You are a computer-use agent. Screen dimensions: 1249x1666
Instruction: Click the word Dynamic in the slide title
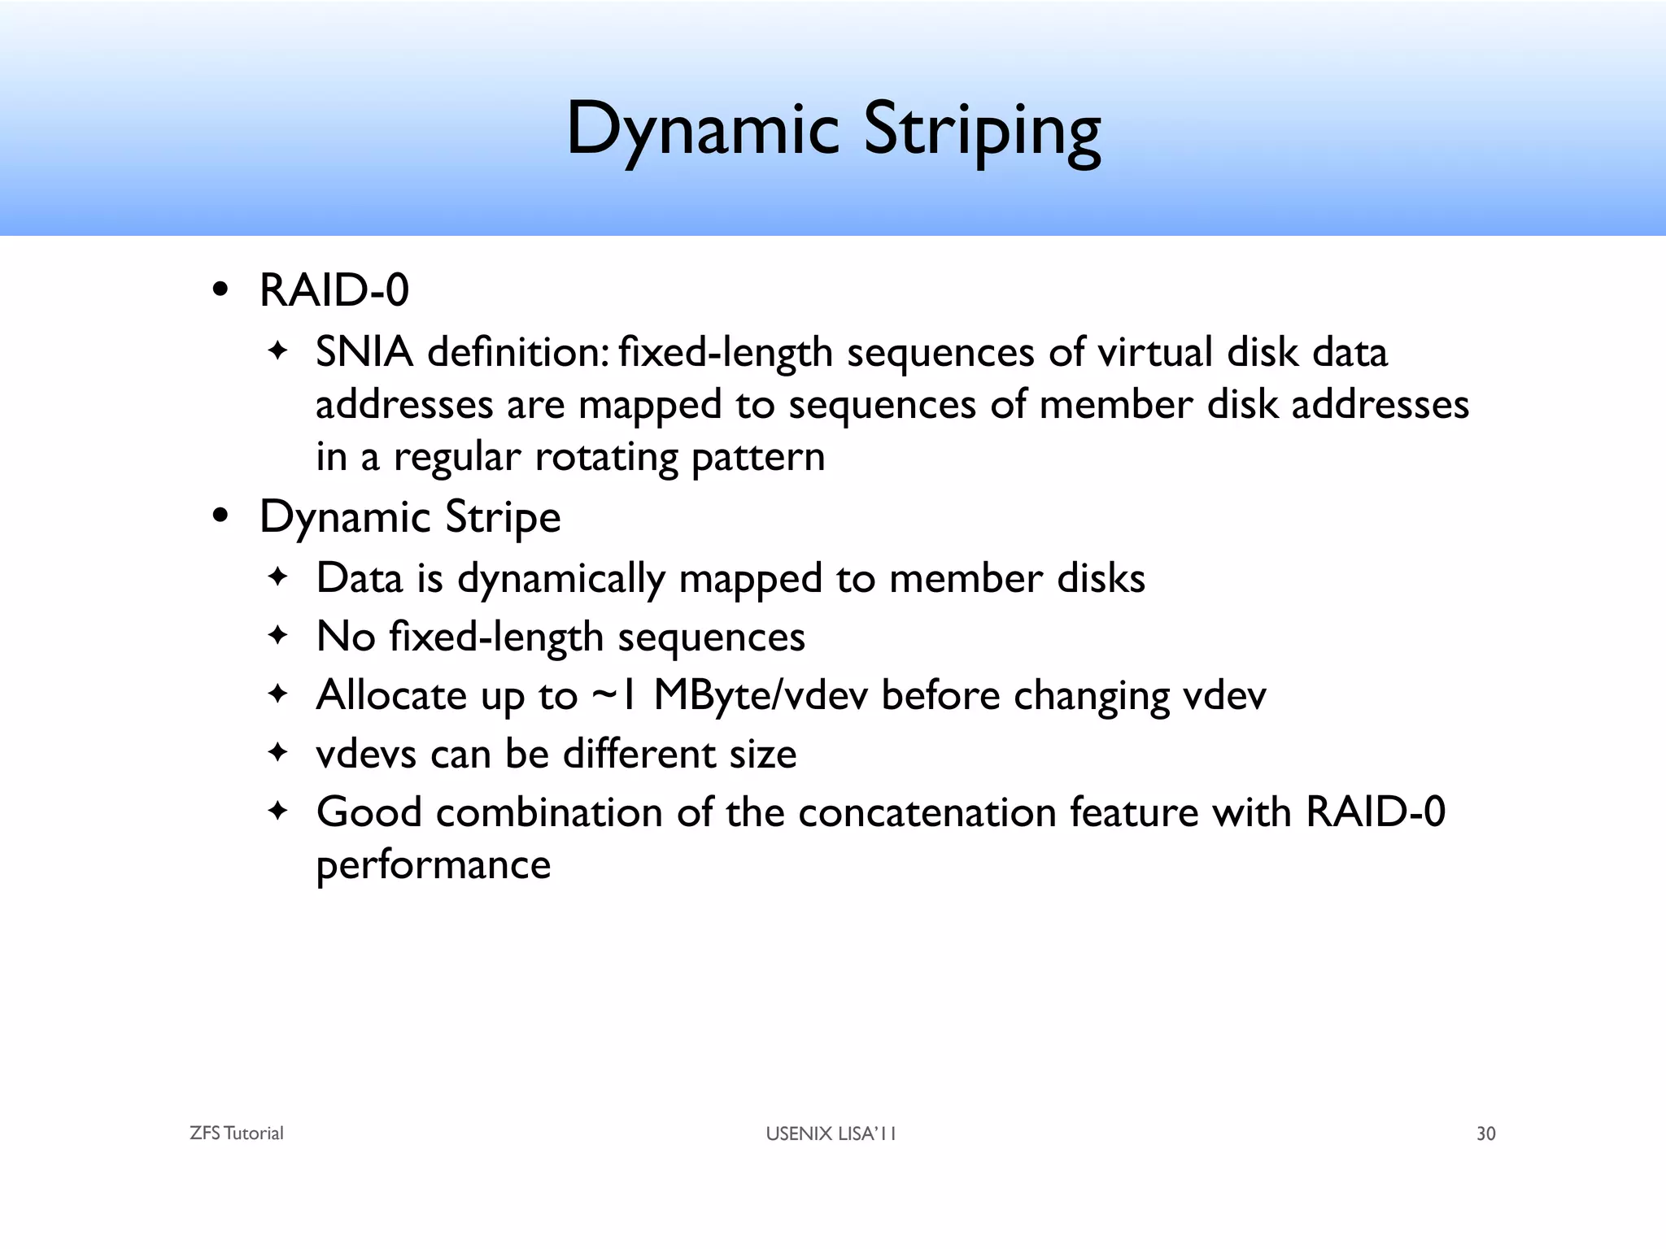[x=702, y=130]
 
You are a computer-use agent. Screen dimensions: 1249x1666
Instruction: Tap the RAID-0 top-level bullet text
[x=334, y=290]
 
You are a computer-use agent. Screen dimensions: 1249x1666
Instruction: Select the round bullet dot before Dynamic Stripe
[x=220, y=516]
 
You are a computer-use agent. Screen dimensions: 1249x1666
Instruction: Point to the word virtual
[x=1154, y=352]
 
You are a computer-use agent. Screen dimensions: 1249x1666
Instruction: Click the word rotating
[x=605, y=457]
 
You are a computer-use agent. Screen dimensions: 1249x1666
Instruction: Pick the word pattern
[x=757, y=457]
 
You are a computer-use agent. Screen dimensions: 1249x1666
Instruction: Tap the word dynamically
[x=561, y=579]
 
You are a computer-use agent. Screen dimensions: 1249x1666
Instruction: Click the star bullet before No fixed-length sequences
[x=278, y=636]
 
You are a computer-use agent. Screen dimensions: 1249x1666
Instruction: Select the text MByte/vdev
[x=761, y=696]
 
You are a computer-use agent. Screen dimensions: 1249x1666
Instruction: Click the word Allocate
[x=390, y=696]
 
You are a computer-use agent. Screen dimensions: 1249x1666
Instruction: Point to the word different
[x=639, y=754]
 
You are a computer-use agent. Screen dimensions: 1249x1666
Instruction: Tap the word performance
[x=433, y=864]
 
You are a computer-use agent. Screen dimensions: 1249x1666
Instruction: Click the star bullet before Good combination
[x=278, y=812]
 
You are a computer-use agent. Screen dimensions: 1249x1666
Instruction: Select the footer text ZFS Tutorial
[x=236, y=1134]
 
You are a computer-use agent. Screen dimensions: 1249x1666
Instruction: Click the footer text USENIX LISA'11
[x=831, y=1134]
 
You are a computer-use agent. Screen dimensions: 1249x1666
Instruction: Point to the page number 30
[x=1485, y=1134]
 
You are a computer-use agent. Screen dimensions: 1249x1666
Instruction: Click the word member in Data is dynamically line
[x=966, y=579]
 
